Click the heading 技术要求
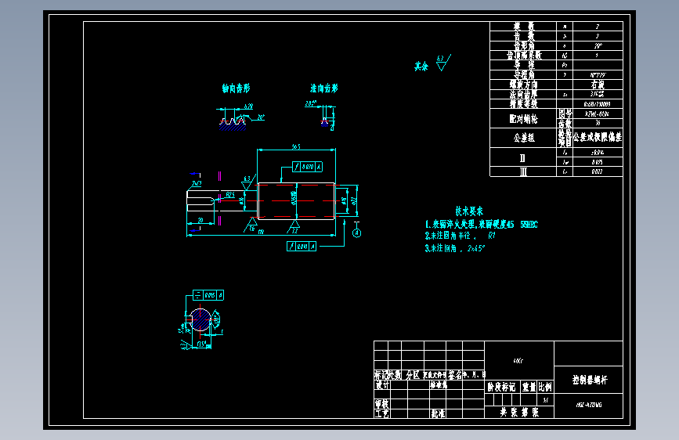click(469, 211)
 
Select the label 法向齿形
click(323, 88)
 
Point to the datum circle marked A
click(357, 233)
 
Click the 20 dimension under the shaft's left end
click(201, 222)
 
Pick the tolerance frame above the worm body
click(306, 167)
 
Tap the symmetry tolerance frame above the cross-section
click(209, 295)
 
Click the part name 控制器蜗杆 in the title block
click(588, 380)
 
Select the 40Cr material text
click(518, 362)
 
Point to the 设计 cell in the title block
click(382, 385)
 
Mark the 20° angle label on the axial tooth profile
click(261, 117)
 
